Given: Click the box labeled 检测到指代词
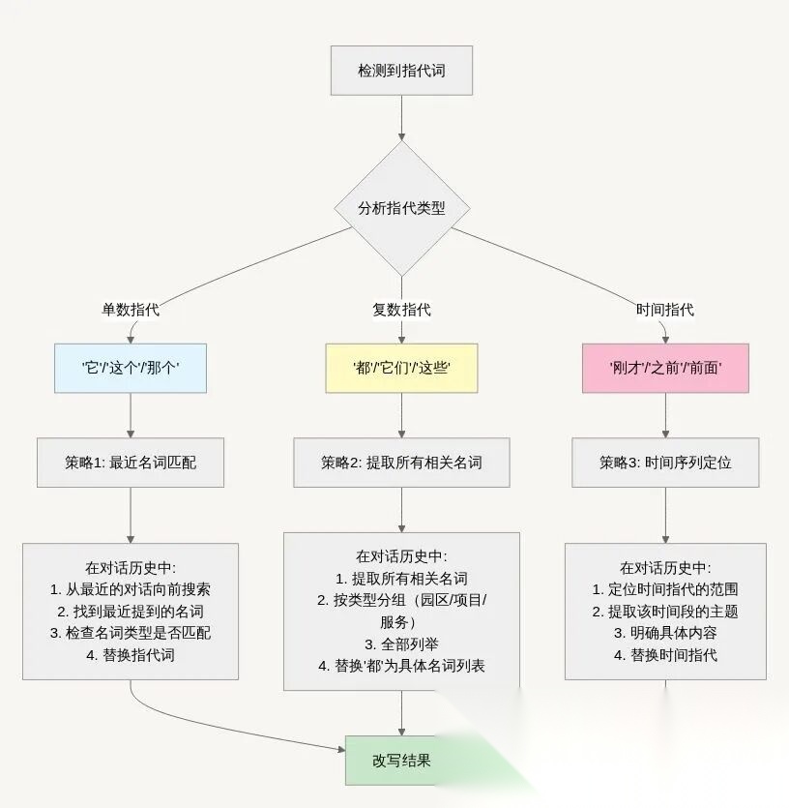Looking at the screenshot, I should coord(401,70).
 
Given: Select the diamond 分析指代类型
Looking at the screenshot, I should coord(401,208).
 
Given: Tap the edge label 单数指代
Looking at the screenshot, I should coord(131,310).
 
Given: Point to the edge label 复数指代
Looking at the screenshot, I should coord(401,310).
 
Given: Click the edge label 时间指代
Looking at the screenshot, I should coord(665,310).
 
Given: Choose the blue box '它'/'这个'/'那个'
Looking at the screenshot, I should coord(131,368).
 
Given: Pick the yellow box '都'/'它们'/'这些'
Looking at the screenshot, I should coord(401,368).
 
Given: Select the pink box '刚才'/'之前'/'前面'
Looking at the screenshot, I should coord(665,368).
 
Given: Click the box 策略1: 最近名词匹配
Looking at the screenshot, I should coord(131,463).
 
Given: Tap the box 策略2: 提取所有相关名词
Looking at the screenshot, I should coord(401,463).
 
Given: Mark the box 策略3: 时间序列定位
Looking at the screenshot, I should coord(665,463).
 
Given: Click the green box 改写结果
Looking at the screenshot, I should coord(401,761).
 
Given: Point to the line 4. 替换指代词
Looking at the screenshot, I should coord(131,655).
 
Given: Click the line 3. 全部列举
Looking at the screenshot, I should coord(401,643).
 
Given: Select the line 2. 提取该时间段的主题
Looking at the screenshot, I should coord(665,611).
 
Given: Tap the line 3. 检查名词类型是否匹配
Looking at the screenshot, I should coord(131,633).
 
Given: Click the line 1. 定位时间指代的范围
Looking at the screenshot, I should coord(665,588).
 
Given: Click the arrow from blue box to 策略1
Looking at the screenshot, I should coord(131,416).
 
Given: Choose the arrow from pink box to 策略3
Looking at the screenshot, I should coord(665,416).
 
